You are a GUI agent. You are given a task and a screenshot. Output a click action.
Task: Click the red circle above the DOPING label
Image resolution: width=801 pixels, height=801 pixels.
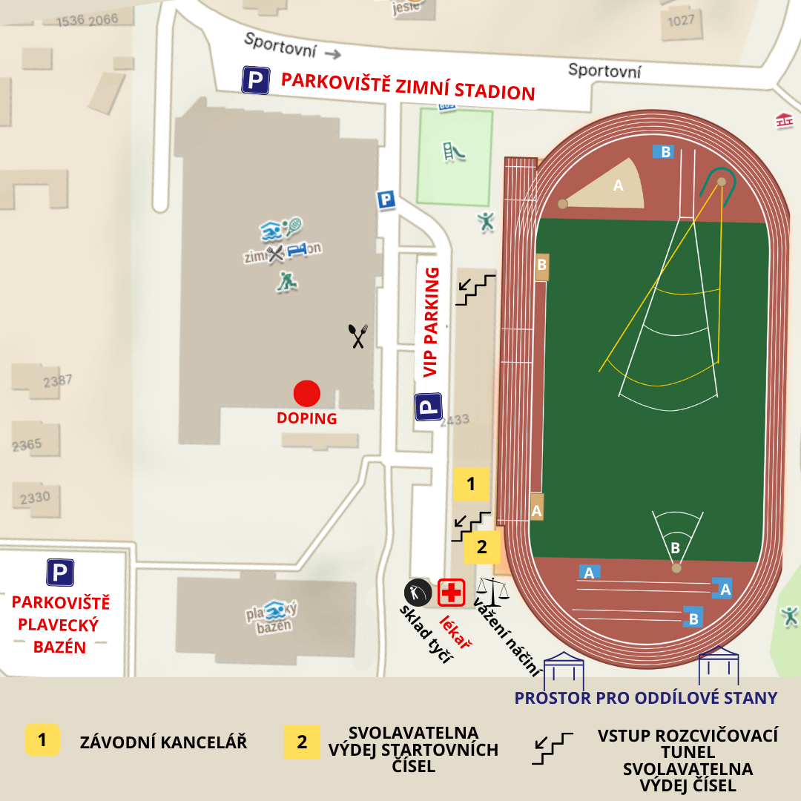pos(306,393)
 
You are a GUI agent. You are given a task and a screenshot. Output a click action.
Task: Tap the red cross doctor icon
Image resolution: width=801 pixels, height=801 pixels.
pos(451,593)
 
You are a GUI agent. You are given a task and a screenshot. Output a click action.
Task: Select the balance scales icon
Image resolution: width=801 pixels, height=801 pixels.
pos(492,590)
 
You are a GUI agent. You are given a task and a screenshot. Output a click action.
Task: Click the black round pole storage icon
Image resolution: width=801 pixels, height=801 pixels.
pos(418,593)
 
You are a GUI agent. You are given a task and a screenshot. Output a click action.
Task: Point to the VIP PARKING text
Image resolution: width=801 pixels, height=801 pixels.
pos(431,322)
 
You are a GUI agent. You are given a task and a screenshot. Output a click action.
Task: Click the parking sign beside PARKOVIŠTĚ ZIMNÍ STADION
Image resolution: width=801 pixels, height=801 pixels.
pos(255,80)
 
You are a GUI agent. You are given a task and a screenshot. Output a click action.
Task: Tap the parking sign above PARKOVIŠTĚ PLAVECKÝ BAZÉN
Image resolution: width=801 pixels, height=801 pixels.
pos(60,572)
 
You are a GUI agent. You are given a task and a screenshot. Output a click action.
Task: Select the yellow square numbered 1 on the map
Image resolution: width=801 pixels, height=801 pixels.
pos(470,484)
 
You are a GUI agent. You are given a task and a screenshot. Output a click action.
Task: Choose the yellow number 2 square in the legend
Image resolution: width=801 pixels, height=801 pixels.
pos(302,742)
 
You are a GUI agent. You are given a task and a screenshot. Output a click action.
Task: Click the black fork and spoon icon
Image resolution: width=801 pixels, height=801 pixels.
pos(358,336)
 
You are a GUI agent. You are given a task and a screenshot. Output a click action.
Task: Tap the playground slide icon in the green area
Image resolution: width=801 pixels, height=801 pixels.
pos(454,151)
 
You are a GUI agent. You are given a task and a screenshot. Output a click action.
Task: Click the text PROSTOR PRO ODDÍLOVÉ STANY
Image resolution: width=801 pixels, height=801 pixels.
pos(645,698)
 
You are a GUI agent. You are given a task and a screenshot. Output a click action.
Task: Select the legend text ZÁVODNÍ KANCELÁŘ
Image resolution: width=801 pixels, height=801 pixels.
pos(163,742)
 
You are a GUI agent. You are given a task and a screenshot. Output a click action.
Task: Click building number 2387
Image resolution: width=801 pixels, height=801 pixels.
pos(57,381)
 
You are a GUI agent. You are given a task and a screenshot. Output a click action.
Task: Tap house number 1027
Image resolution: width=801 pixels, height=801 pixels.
pos(681,21)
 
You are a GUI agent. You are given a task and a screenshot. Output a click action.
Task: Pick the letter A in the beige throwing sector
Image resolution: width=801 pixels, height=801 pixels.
pos(618,186)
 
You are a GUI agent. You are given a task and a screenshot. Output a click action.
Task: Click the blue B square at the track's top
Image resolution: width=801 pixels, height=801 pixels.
pos(663,152)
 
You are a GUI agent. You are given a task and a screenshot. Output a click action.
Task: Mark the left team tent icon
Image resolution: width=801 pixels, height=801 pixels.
pos(564,670)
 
